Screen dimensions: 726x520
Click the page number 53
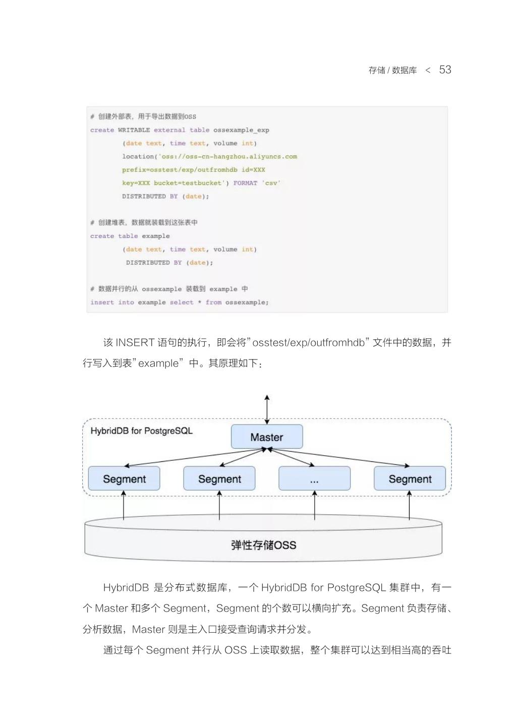[x=445, y=70]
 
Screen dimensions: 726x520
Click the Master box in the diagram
[x=267, y=437]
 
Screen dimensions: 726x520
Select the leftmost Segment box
[x=124, y=479]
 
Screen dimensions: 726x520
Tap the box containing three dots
[x=314, y=479]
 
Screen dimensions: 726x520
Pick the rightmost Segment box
[x=410, y=479]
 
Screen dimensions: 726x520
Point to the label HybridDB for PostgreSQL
[x=141, y=431]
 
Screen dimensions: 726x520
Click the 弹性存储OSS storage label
[x=263, y=545]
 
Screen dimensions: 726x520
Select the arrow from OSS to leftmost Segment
[x=124, y=505]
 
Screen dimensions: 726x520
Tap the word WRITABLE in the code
[x=134, y=130]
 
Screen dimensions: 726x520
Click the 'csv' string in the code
[x=271, y=183]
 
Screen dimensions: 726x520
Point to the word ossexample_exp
[x=241, y=130]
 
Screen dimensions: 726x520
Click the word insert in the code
[x=102, y=302]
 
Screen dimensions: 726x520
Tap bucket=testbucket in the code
[x=188, y=183]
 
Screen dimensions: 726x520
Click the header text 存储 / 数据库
[x=392, y=71]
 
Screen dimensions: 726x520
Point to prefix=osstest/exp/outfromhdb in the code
[x=179, y=170]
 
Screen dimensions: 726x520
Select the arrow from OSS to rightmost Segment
[x=409, y=505]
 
